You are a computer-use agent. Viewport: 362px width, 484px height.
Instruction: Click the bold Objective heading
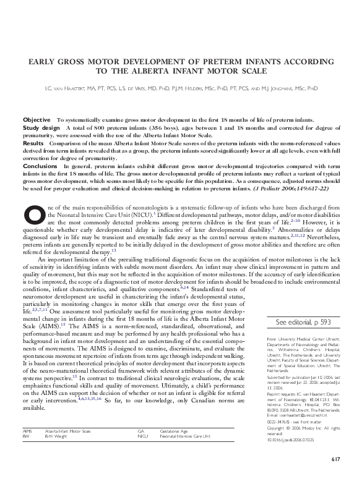(x=37, y=119)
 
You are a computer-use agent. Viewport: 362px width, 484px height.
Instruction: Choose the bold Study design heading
(x=41, y=125)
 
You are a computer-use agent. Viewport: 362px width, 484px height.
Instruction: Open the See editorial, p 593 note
(x=303, y=322)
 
